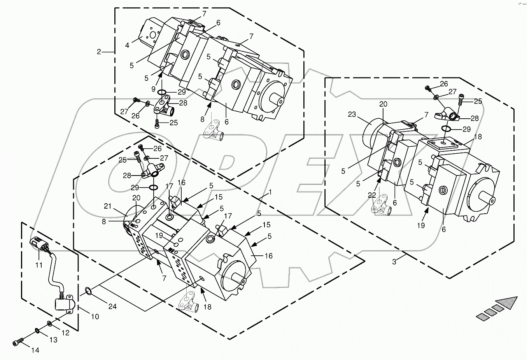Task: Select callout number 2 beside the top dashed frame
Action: (x=99, y=51)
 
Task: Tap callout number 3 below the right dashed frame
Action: (x=394, y=262)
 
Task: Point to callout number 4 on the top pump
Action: (x=127, y=46)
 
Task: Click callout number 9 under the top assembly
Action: (x=154, y=89)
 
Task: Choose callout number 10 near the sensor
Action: (x=95, y=316)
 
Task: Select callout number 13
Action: (x=53, y=340)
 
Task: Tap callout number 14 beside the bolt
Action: (x=35, y=350)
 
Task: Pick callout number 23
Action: (x=352, y=115)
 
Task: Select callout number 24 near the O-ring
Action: (x=112, y=307)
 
